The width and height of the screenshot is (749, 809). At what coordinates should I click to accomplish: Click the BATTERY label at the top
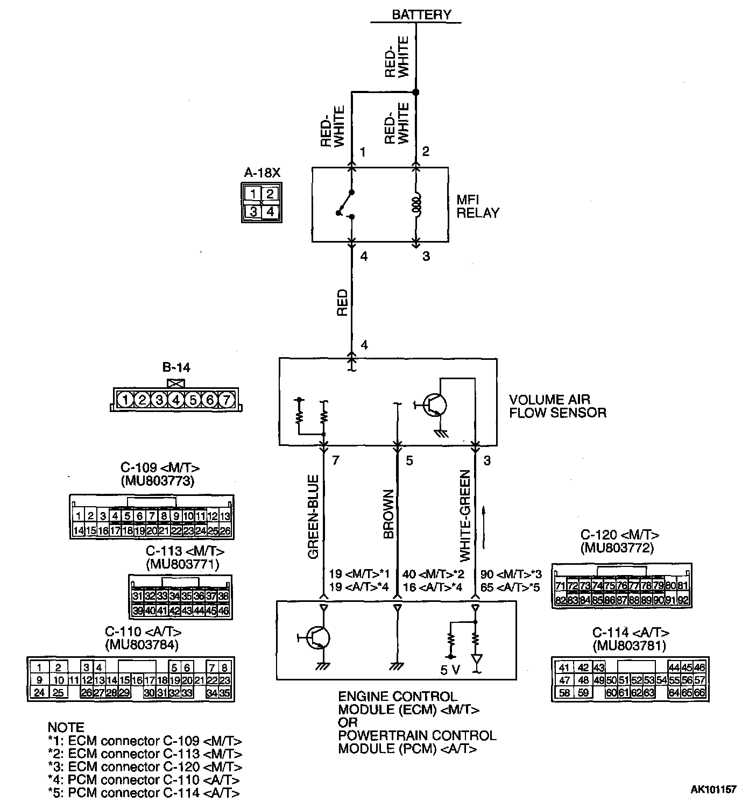(421, 15)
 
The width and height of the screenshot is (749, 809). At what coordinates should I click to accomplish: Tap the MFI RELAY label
(477, 206)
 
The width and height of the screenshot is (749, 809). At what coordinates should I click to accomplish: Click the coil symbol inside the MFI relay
(415, 205)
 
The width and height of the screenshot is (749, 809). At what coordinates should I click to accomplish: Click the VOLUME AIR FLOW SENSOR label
(557, 406)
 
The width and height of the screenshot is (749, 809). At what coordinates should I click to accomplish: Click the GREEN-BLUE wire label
(314, 517)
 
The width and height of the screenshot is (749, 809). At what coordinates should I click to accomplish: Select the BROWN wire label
(388, 514)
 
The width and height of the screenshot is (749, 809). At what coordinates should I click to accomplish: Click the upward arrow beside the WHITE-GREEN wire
(484, 527)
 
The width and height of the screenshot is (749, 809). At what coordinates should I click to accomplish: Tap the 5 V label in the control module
(451, 670)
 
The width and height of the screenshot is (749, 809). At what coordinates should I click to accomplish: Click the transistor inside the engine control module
(318, 638)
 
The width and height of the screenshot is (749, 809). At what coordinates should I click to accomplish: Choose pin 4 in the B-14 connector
(176, 400)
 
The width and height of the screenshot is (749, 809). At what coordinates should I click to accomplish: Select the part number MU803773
(158, 480)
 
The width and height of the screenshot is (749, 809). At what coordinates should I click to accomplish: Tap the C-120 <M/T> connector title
(620, 535)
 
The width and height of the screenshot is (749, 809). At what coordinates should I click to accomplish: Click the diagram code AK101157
(713, 790)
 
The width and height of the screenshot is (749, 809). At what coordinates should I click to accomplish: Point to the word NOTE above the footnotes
(66, 727)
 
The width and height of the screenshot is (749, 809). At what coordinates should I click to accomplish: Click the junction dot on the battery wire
(415, 93)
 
